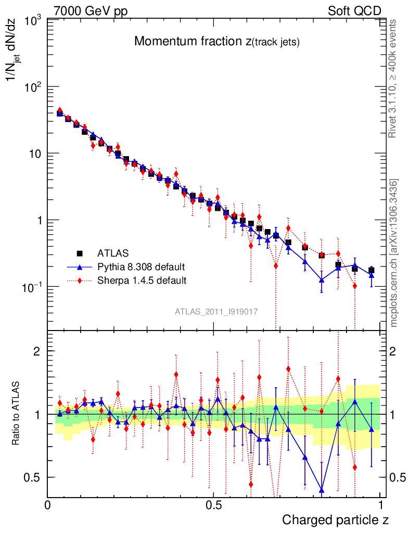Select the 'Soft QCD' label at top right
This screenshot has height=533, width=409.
[354, 11]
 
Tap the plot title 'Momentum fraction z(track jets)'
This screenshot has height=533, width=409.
[216, 42]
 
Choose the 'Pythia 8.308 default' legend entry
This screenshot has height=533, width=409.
[141, 267]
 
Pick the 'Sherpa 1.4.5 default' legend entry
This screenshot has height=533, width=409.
[142, 281]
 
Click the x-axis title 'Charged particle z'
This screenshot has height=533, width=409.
[335, 519]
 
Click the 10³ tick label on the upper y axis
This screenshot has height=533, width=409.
[32, 21]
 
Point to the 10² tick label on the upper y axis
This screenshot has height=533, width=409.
[32, 87]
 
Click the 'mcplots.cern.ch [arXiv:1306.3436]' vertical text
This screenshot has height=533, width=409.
[394, 253]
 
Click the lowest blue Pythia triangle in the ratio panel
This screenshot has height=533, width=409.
[322, 490]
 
